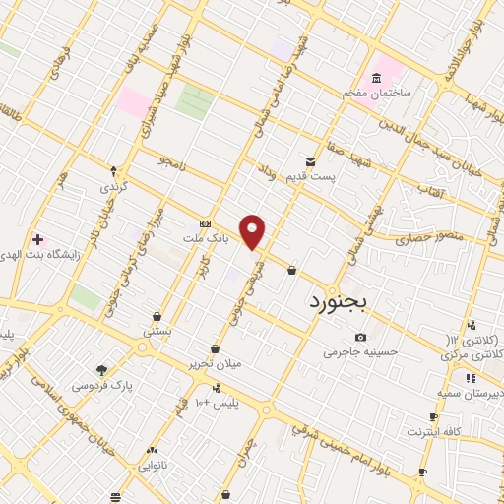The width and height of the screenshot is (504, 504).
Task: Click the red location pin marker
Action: click(x=253, y=232)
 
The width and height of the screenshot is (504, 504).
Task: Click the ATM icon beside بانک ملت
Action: click(x=205, y=223)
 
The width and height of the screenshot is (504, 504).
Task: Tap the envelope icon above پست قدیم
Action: click(x=311, y=161)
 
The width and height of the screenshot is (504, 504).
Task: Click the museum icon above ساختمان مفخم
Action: click(x=375, y=78)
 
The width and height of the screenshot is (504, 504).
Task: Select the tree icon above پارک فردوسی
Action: click(x=102, y=370)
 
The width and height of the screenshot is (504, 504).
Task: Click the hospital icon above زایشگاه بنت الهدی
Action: click(x=37, y=239)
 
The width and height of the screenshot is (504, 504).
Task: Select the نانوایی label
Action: click(x=152, y=464)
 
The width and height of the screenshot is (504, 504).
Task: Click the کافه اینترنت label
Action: click(x=431, y=431)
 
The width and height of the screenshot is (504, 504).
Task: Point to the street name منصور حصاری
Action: click(x=420, y=238)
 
